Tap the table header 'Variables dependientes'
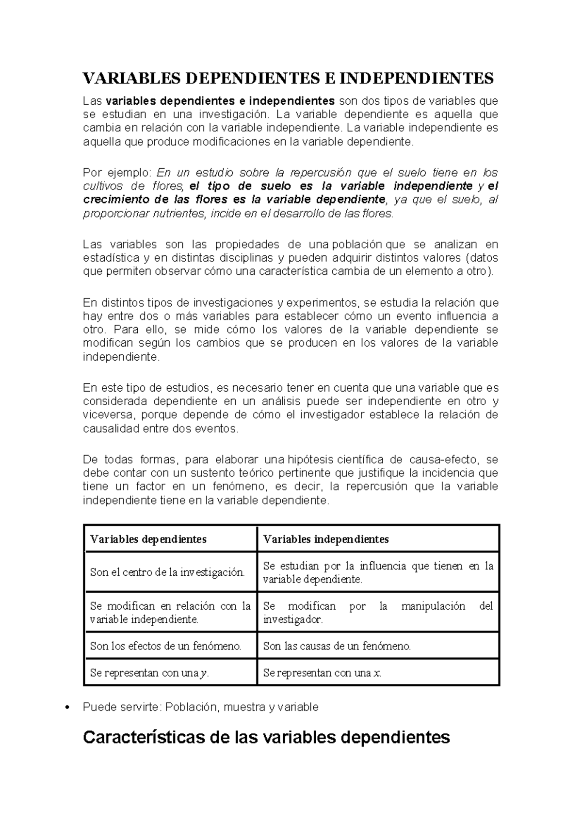pyautogui.click(x=148, y=539)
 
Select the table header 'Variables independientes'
pyautogui.click(x=325, y=539)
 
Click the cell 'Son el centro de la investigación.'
pyautogui.click(x=167, y=572)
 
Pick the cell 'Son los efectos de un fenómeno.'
pyautogui.click(x=165, y=646)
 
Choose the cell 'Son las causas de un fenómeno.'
pyautogui.click(x=337, y=646)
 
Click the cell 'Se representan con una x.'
pyautogui.click(x=322, y=673)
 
